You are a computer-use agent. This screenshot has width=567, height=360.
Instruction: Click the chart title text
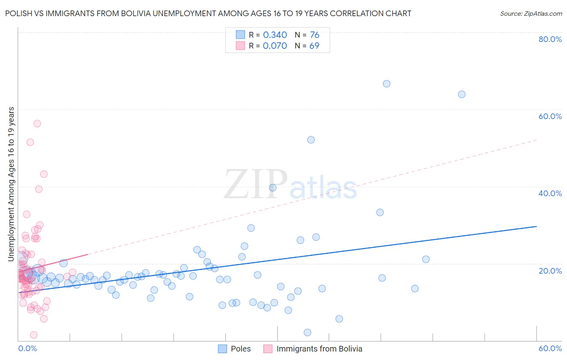208,13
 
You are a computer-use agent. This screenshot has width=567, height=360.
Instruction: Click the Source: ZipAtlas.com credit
531,13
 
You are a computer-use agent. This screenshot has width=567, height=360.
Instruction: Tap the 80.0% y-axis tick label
550,39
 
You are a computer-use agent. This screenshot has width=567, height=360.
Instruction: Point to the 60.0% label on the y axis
550,116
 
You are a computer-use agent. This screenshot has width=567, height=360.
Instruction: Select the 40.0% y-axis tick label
550,193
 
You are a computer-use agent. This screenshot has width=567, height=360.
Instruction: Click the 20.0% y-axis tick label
550,271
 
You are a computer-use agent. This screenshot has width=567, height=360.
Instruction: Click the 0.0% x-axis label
27,348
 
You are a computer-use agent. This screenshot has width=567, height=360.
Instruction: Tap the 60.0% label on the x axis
550,348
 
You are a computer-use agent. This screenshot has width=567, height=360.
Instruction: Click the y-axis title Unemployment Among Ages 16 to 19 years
11,184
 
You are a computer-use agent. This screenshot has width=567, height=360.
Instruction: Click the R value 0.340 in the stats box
275,35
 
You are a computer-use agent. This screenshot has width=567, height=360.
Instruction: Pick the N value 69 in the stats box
314,46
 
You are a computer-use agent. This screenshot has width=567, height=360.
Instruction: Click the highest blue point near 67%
386,84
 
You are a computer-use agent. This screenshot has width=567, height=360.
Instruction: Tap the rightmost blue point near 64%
462,94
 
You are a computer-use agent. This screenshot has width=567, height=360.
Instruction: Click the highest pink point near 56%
37,123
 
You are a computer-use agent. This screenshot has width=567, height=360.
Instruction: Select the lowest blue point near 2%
307,333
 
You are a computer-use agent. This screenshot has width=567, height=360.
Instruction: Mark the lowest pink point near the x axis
34,335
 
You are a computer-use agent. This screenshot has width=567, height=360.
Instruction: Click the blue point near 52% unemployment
311,140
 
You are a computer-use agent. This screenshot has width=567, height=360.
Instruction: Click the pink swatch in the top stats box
240,46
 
